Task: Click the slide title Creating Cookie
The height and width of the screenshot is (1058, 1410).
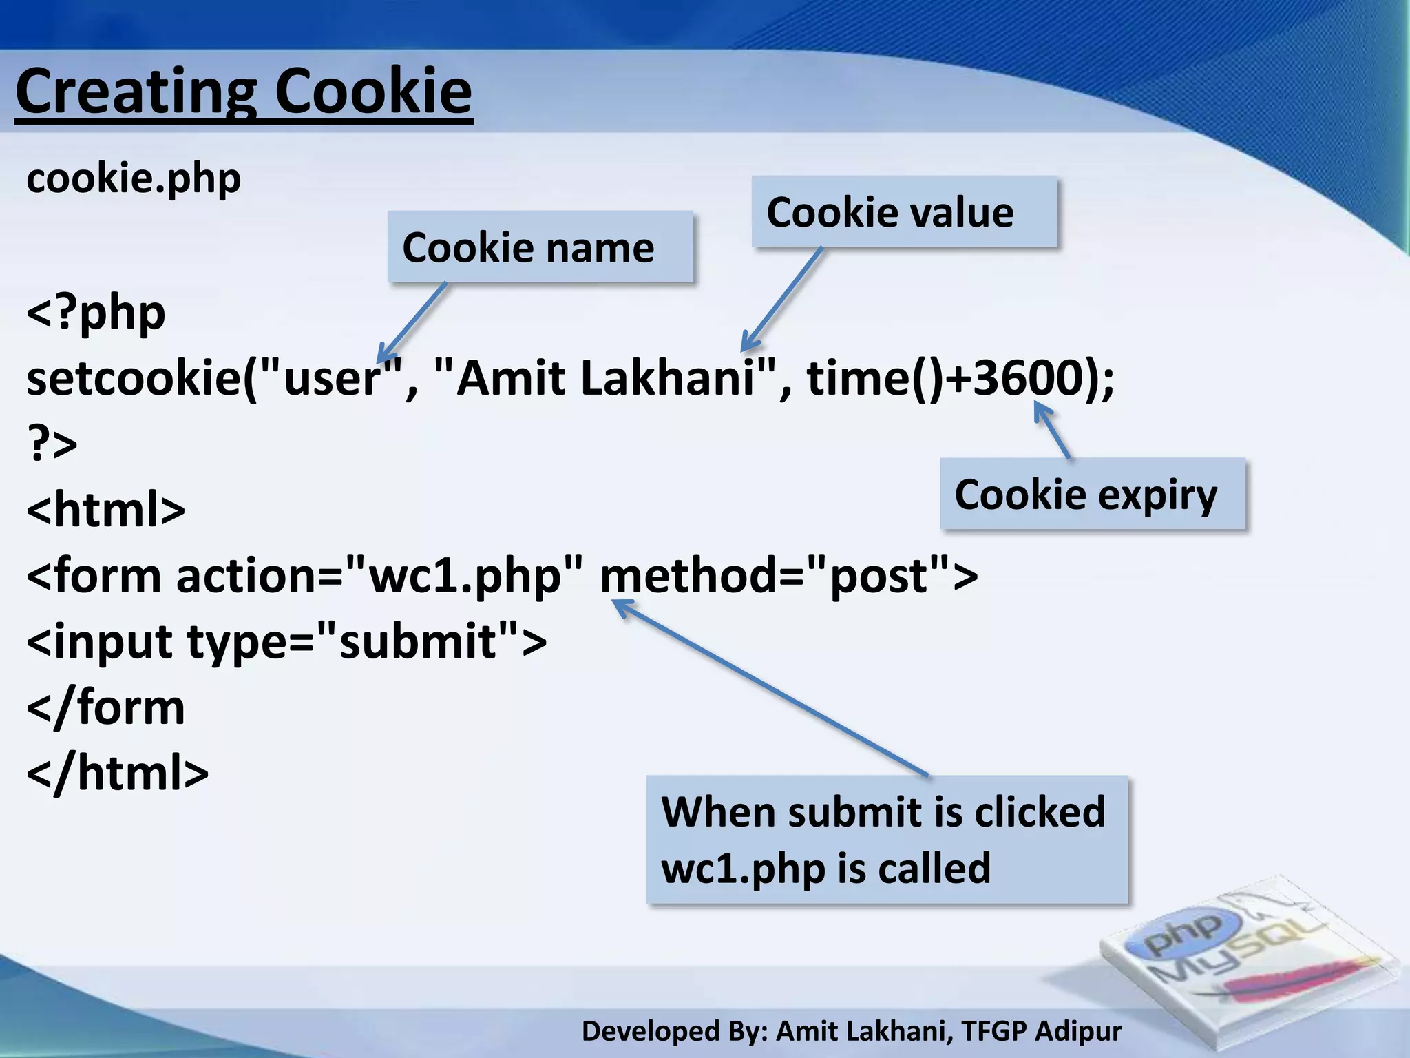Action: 244,92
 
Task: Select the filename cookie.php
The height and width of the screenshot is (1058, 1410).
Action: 134,179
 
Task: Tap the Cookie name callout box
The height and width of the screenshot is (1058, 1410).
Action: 540,247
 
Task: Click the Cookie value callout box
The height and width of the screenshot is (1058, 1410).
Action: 904,211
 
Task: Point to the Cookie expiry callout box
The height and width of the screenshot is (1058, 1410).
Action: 1093,494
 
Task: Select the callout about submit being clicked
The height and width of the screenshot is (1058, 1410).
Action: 887,839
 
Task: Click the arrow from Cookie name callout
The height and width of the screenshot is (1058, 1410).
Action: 412,322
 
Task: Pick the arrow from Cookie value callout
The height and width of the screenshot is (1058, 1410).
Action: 782,300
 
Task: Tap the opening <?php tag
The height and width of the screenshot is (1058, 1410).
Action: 96,313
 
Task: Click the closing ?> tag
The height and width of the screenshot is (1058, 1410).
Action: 52,443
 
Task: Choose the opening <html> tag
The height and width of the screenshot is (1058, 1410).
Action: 106,510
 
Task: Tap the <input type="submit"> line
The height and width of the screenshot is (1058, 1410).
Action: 286,641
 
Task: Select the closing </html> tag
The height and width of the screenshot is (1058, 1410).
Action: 117,774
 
